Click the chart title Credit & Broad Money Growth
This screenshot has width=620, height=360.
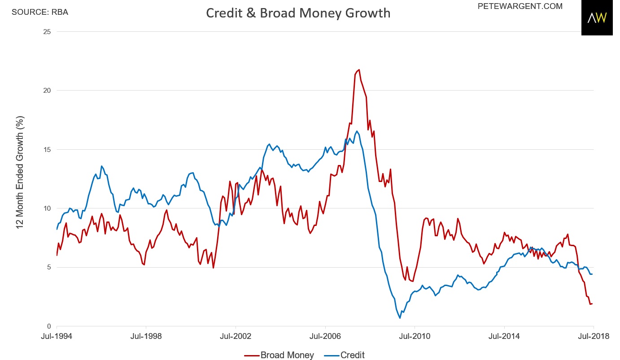click(x=298, y=13)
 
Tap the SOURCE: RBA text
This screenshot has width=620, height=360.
click(x=40, y=12)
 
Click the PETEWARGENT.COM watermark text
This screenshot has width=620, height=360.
click(x=520, y=6)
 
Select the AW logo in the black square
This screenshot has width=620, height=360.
click(x=597, y=18)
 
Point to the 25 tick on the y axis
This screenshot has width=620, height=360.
click(x=47, y=32)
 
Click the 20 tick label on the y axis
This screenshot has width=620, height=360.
click(x=47, y=91)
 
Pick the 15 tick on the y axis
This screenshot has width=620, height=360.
click(x=47, y=149)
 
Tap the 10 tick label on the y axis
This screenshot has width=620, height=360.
click(x=47, y=208)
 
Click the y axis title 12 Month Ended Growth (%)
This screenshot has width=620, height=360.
click(x=20, y=172)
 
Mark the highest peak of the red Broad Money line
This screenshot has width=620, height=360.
click(x=358, y=69)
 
